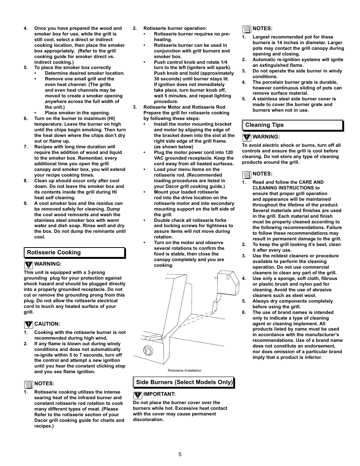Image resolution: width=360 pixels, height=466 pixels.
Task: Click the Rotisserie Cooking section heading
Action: point(54,252)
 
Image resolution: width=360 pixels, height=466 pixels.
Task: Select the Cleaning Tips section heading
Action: point(264,125)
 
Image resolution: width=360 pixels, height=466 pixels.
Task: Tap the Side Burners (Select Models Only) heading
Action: point(184,382)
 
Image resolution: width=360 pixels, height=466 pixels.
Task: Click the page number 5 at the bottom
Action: point(180,454)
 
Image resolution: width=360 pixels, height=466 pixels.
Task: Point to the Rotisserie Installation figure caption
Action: point(185,371)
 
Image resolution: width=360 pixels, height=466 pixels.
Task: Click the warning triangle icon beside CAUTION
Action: point(28,325)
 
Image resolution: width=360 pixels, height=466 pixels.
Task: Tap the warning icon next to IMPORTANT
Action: point(137,395)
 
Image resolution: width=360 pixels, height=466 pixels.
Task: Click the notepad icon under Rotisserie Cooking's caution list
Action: point(28,384)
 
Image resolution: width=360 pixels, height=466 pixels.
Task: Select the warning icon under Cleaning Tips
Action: point(246,137)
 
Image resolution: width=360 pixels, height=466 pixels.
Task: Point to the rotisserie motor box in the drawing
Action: point(228,283)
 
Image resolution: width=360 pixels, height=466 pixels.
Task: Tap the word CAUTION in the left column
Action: point(47,324)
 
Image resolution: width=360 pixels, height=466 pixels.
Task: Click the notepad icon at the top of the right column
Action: point(246,29)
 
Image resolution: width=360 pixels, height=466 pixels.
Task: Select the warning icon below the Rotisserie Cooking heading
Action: point(28,265)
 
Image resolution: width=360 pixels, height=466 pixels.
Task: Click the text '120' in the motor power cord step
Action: point(229,152)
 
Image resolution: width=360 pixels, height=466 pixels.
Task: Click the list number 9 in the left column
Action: point(26,203)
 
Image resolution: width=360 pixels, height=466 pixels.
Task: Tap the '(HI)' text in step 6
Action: point(111,118)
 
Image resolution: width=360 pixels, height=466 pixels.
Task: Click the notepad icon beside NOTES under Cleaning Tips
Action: point(246,174)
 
